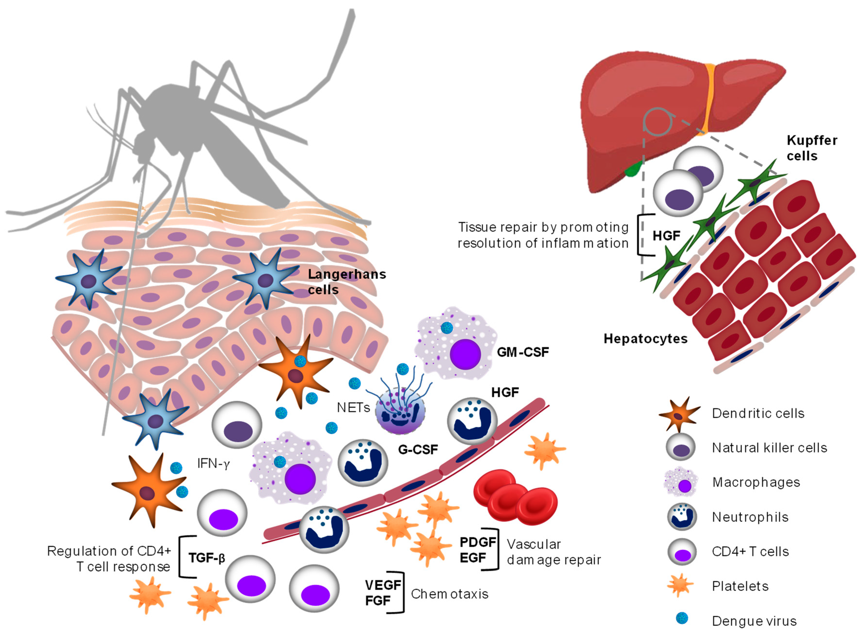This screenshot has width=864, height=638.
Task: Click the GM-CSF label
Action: [522, 352]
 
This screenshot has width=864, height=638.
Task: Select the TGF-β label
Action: [206, 558]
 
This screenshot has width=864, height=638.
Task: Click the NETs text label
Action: [353, 407]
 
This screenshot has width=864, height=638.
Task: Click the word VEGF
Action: [383, 585]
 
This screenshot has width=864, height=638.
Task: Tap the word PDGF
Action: [478, 542]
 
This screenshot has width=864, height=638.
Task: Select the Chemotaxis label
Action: [449, 594]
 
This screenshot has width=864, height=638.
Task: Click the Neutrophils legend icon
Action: [682, 517]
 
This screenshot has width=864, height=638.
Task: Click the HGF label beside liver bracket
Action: [666, 236]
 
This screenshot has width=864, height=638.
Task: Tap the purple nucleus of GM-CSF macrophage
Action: [465, 354]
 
